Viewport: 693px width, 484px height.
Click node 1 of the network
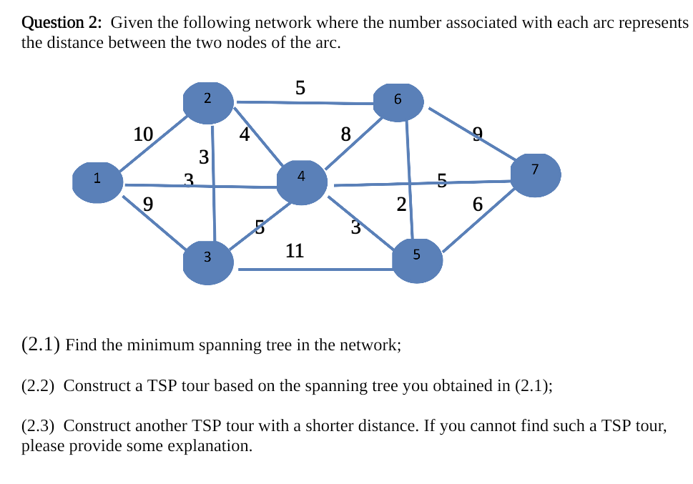97,182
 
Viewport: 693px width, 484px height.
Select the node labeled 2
207,102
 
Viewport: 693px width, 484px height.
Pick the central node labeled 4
302,182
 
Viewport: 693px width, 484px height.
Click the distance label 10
143,134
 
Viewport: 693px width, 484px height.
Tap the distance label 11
295,250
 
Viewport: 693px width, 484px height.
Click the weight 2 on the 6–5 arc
401,204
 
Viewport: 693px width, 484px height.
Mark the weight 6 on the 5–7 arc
478,204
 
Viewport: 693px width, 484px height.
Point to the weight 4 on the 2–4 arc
244,134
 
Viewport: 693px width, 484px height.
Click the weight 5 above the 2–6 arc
300,88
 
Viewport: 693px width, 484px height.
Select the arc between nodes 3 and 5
315,270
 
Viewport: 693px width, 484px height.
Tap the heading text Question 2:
62,23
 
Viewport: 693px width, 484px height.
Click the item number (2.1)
40,345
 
